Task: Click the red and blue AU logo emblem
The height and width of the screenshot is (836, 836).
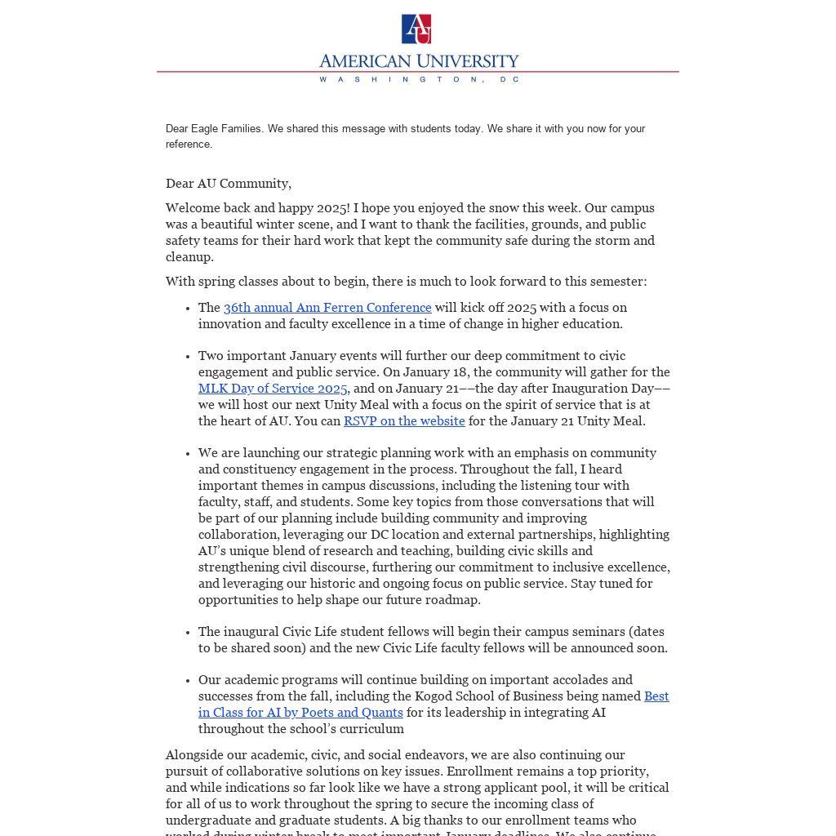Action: [416, 29]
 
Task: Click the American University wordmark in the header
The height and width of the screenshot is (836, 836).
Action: [418, 61]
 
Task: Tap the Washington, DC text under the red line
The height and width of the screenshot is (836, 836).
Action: [418, 79]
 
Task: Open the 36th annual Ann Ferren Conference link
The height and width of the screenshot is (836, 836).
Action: [327, 308]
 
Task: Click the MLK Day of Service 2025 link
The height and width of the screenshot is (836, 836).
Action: [273, 389]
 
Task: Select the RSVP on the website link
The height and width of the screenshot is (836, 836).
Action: [404, 421]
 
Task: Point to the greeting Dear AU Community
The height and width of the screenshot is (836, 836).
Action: [229, 184]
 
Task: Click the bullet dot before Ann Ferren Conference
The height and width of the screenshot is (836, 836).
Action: [189, 309]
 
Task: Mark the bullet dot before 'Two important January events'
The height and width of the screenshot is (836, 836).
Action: [189, 357]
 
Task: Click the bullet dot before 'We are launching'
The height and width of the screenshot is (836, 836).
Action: [189, 454]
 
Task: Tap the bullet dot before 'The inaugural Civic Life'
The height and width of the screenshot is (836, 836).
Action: [189, 633]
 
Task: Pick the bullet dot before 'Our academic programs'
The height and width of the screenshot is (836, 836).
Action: [189, 681]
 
